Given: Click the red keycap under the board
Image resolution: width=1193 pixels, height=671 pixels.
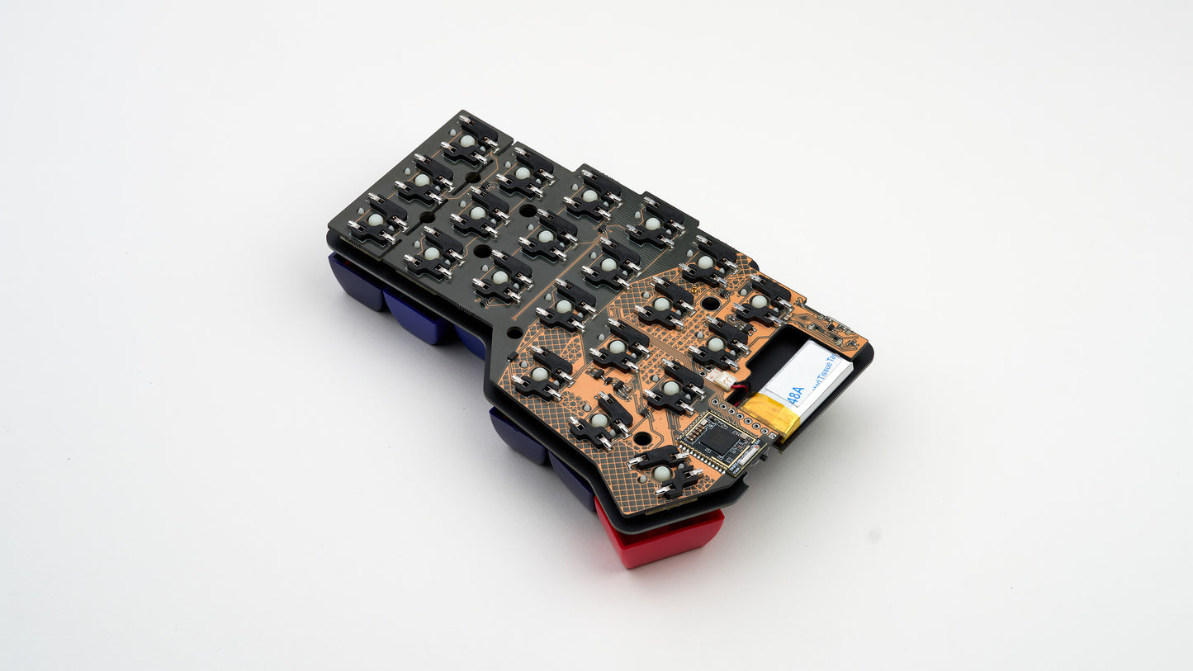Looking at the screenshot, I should click(x=660, y=536).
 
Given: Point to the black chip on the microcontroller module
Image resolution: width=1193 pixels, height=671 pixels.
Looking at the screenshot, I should click(x=716, y=438).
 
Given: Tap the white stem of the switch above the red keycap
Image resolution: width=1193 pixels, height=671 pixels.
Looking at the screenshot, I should click(x=661, y=473).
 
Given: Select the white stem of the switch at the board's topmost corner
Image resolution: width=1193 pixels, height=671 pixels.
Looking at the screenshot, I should click(x=467, y=141).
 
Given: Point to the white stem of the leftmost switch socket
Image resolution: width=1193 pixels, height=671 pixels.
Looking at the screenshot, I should click(x=375, y=220).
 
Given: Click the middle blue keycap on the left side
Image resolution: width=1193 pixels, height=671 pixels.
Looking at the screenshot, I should click(x=417, y=315).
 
